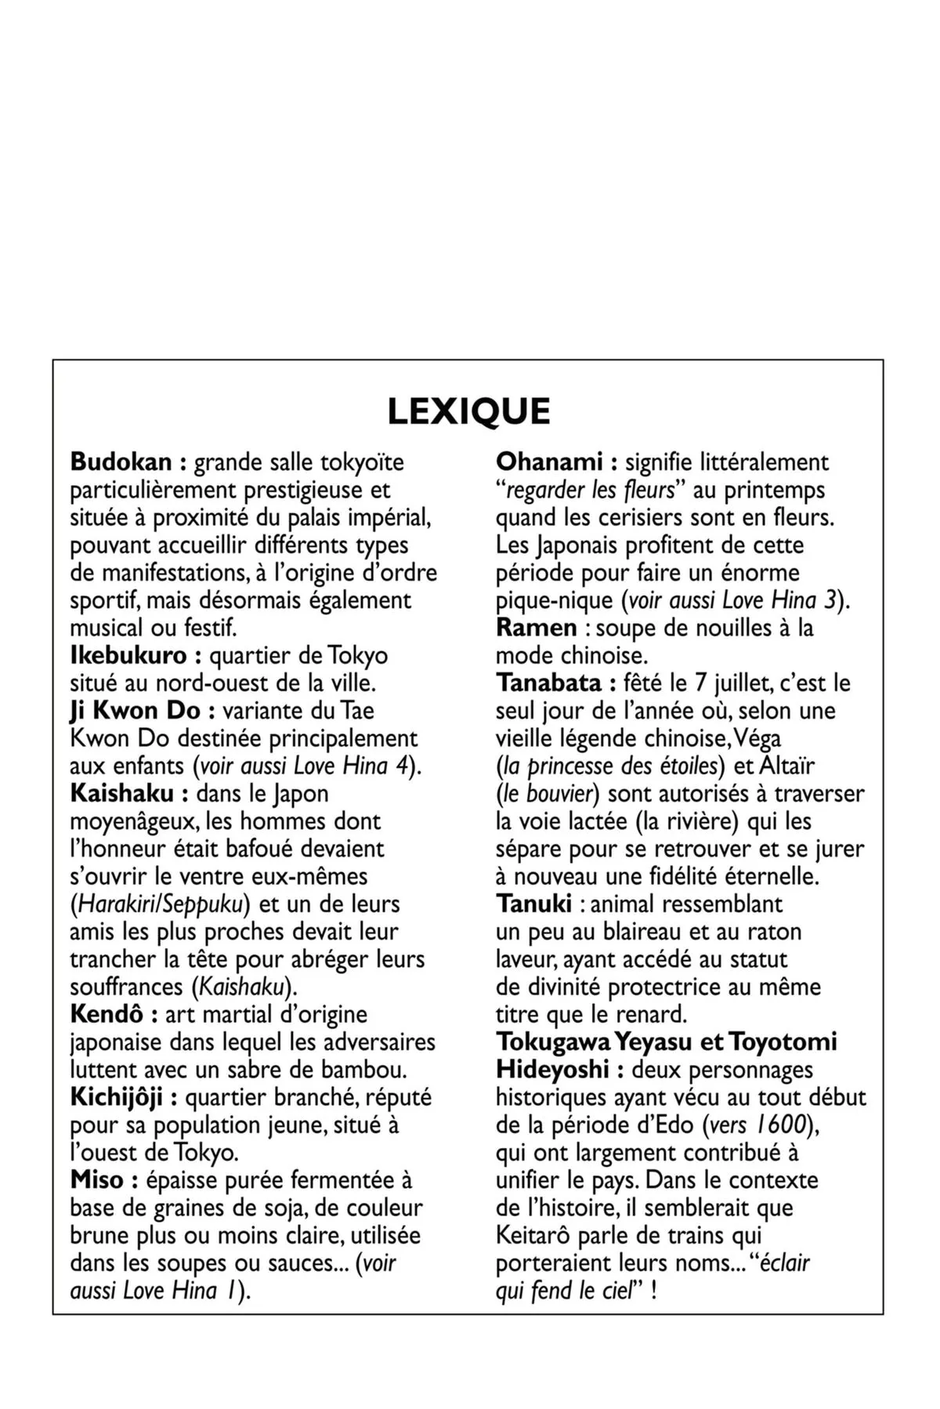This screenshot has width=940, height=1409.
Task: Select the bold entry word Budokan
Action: point(121,462)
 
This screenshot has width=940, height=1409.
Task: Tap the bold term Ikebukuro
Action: point(128,655)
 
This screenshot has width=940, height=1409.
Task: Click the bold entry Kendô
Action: point(107,1014)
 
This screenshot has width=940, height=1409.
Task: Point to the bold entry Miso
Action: point(97,1180)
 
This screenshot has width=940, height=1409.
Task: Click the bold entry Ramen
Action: point(536,628)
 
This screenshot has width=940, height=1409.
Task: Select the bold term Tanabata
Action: point(549,683)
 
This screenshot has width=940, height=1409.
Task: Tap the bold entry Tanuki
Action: point(534,904)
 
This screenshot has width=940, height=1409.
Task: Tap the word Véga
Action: point(757,738)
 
